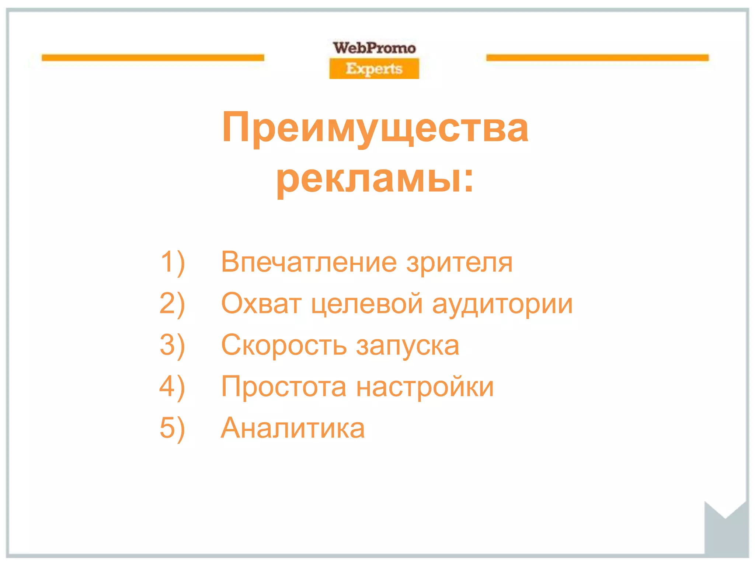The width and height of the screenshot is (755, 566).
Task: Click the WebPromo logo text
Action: click(374, 48)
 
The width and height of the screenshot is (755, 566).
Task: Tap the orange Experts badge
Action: click(374, 69)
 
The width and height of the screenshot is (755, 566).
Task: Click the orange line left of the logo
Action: click(153, 57)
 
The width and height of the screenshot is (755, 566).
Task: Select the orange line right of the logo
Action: click(597, 57)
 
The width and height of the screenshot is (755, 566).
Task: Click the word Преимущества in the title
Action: click(375, 128)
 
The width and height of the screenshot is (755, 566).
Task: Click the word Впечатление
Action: click(309, 262)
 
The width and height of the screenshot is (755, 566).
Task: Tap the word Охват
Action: click(261, 304)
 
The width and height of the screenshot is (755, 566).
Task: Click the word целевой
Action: click(367, 304)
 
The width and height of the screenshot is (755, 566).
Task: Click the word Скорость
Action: click(284, 345)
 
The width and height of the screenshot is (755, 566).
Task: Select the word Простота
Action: click(284, 387)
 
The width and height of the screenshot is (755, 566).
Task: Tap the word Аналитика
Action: click(293, 428)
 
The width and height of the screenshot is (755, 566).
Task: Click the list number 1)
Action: click(173, 262)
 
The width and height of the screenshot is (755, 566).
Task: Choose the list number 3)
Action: click(173, 346)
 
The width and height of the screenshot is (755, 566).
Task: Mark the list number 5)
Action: click(173, 429)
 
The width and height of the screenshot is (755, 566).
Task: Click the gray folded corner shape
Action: click(726, 534)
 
